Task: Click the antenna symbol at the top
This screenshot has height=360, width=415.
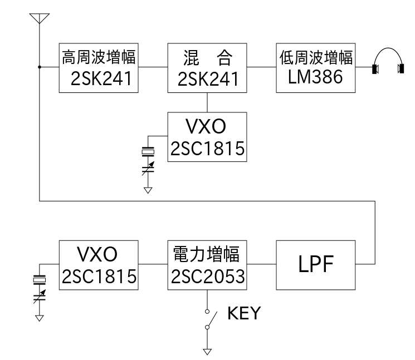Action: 39,19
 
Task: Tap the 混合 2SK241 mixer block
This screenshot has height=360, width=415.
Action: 207,67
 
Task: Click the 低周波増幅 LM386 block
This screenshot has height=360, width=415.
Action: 315,67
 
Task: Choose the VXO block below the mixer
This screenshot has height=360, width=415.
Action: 207,136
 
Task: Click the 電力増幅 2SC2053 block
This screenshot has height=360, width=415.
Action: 207,264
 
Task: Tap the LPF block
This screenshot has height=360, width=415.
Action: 315,265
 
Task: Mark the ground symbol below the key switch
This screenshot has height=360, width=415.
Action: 207,352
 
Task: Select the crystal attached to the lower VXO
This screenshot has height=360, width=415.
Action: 39,278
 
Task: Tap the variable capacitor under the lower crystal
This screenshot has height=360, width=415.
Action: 39,295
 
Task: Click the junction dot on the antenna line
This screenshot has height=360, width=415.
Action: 39,67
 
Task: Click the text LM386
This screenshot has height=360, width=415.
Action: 315,77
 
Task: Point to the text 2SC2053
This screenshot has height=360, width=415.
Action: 207,275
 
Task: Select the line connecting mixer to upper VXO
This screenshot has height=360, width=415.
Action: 207,102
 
